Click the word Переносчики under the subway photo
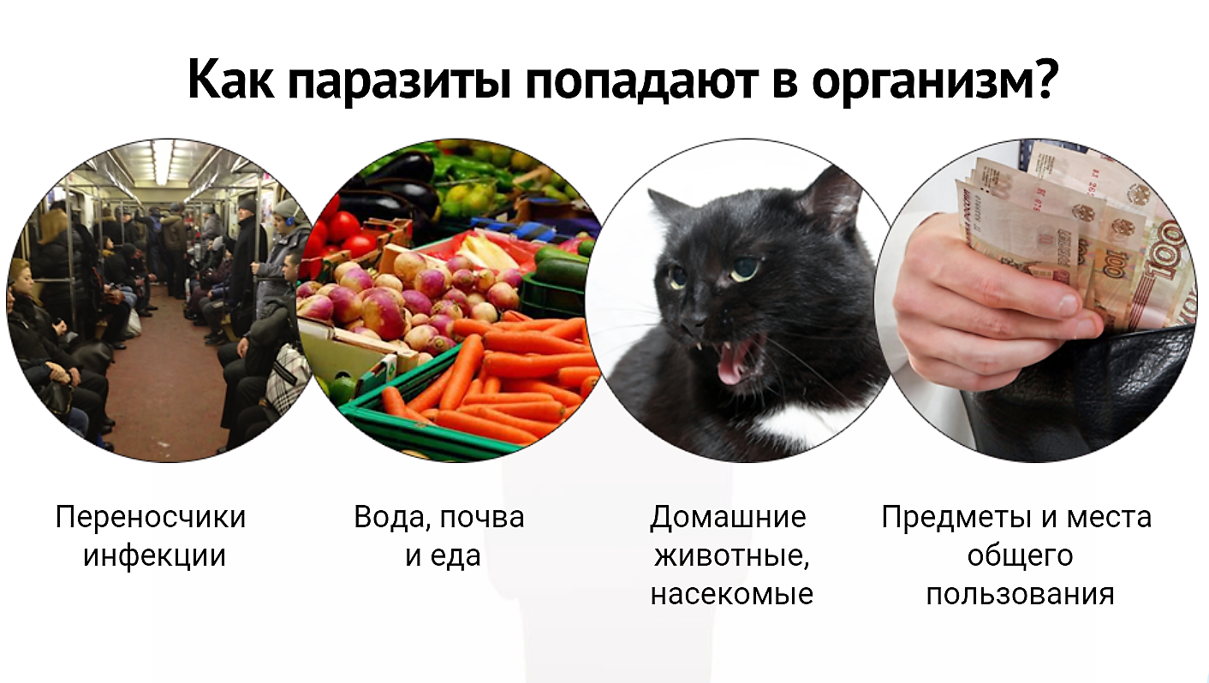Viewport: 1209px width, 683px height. coord(151,517)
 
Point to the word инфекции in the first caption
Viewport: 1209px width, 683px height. coord(154,555)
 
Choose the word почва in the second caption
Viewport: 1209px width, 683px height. coord(482,517)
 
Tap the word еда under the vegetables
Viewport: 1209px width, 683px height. coord(456,555)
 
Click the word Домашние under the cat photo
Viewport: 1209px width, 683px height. coord(728,517)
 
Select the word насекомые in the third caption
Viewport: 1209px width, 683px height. coord(732,595)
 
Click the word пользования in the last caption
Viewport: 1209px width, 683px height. coord(1020,595)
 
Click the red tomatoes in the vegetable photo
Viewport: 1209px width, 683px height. coord(341,231)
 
